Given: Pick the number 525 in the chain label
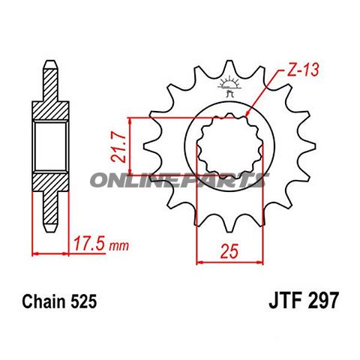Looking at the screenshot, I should (82, 302).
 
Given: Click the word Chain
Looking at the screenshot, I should (41, 302).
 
